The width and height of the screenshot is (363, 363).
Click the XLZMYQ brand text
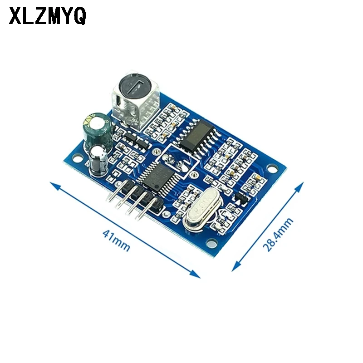pyautogui.click(x=47, y=17)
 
